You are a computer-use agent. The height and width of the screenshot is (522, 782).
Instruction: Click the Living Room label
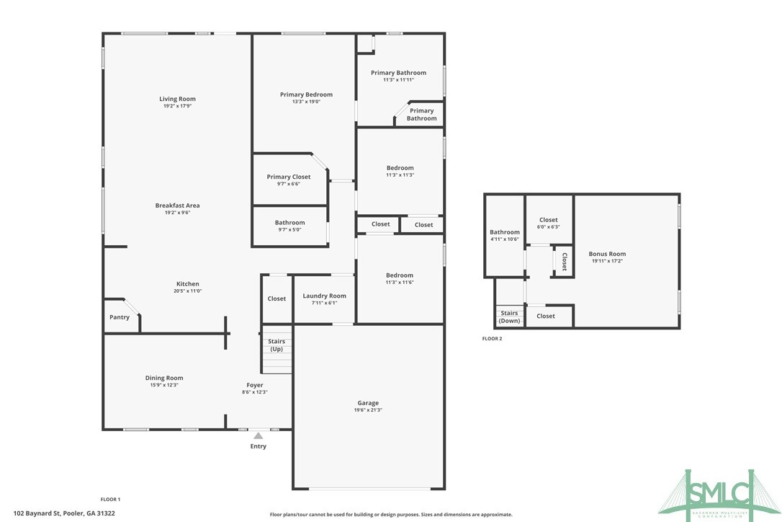(177, 99)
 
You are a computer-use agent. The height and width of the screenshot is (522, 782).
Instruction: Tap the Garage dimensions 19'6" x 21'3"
(367, 410)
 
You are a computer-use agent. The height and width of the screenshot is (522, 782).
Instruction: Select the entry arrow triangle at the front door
(258, 435)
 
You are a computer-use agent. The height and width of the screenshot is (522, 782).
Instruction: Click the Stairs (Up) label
(277, 345)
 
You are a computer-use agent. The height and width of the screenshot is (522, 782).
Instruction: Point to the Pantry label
(120, 317)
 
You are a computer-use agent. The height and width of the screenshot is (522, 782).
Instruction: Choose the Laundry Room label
(324, 296)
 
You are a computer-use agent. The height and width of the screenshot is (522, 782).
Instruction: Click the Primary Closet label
(289, 177)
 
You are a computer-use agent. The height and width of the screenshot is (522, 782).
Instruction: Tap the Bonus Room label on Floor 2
(607, 254)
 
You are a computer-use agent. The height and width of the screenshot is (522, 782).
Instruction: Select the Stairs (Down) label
(509, 317)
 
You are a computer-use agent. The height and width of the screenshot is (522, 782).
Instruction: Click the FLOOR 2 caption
(492, 338)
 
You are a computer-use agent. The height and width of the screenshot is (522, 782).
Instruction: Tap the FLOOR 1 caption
(110, 499)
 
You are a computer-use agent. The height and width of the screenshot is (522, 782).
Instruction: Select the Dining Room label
(164, 378)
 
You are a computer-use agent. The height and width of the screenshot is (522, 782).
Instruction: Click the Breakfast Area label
(177, 205)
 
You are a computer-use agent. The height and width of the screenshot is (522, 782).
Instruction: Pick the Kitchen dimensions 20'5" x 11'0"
(187, 291)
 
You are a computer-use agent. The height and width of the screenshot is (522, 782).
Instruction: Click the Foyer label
(254, 385)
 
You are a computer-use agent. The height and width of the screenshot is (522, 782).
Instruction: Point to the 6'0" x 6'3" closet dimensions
(548, 226)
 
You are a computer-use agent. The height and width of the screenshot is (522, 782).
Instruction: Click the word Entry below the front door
(258, 446)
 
